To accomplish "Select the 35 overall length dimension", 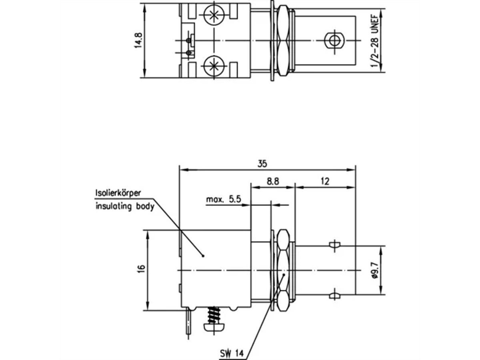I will click(x=262, y=164).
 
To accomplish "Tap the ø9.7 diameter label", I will click(x=375, y=270).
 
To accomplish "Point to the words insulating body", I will click(x=124, y=207).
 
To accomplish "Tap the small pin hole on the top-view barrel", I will click(x=333, y=40).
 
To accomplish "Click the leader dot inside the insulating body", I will click(x=203, y=256).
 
